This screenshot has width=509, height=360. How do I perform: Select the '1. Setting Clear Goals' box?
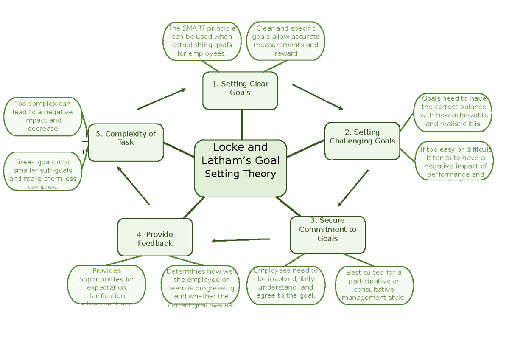(240, 90)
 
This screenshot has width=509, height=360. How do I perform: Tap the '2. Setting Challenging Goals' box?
(362, 141)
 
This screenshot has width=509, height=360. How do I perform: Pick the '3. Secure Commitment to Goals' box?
(327, 235)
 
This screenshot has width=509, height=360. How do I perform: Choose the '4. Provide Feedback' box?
(155, 237)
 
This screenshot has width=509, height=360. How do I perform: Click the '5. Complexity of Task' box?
(126, 142)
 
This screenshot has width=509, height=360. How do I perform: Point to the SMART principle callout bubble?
(202, 41)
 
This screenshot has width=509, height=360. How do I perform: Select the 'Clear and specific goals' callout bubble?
(286, 41)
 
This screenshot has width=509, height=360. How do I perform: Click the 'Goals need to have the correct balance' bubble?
(454, 112)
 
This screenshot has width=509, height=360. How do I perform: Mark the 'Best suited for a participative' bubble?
(374, 285)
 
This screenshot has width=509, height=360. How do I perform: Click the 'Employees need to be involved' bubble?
(286, 285)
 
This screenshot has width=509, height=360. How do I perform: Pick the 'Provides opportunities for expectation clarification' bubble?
(106, 284)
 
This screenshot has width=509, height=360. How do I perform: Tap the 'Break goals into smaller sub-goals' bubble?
(43, 172)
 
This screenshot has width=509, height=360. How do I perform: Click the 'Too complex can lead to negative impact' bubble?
(43, 116)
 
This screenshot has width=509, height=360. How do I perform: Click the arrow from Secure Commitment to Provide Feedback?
(241, 240)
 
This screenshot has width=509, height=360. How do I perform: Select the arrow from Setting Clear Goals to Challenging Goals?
(318, 97)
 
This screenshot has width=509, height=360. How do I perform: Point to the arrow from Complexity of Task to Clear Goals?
(161, 99)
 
